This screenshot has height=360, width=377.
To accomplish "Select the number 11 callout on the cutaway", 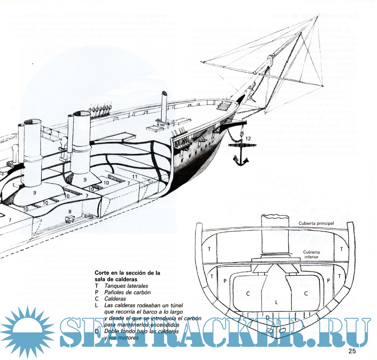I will [135, 177].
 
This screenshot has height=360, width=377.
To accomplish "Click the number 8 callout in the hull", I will [70, 211].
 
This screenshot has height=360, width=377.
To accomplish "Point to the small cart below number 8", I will [70, 219].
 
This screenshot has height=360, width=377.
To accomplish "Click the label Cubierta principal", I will [316, 223].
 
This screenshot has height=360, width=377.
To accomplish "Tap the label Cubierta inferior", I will [313, 255].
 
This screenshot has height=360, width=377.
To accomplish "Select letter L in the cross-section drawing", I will [276, 302].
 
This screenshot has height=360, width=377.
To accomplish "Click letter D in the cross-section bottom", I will [268, 317].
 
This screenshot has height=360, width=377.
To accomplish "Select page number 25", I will [352, 351].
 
